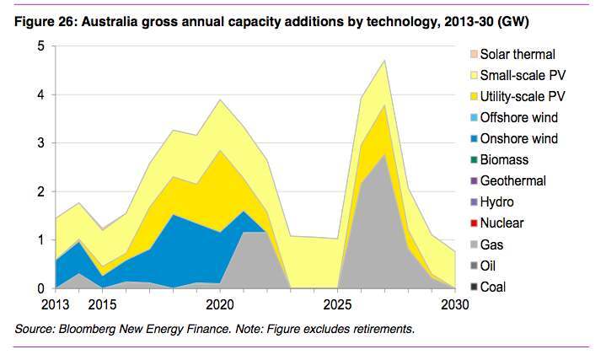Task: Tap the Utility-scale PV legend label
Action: [x=521, y=96]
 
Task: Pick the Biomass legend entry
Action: [x=504, y=159]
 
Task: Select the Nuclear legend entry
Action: [x=502, y=223]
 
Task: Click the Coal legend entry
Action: [x=495, y=287]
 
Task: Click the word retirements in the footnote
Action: [x=383, y=329]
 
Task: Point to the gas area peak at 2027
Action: [x=384, y=154]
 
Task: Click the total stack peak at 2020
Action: [x=220, y=99]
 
